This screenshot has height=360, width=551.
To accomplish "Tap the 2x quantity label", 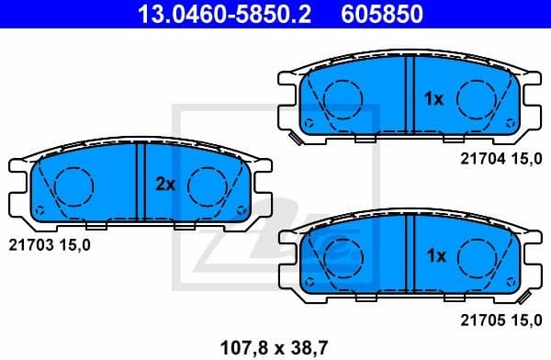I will coord(164,185).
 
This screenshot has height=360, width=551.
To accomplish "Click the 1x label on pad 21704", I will coord(433,97).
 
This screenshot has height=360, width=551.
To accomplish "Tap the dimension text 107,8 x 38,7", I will coord(274,347).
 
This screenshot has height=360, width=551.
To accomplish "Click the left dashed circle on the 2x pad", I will coord(73,186).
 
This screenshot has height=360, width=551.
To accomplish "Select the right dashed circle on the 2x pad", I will coord(207,186).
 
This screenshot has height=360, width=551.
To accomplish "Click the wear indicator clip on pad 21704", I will coord(296,140).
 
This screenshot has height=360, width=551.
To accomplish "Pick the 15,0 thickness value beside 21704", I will coord(525,159).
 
